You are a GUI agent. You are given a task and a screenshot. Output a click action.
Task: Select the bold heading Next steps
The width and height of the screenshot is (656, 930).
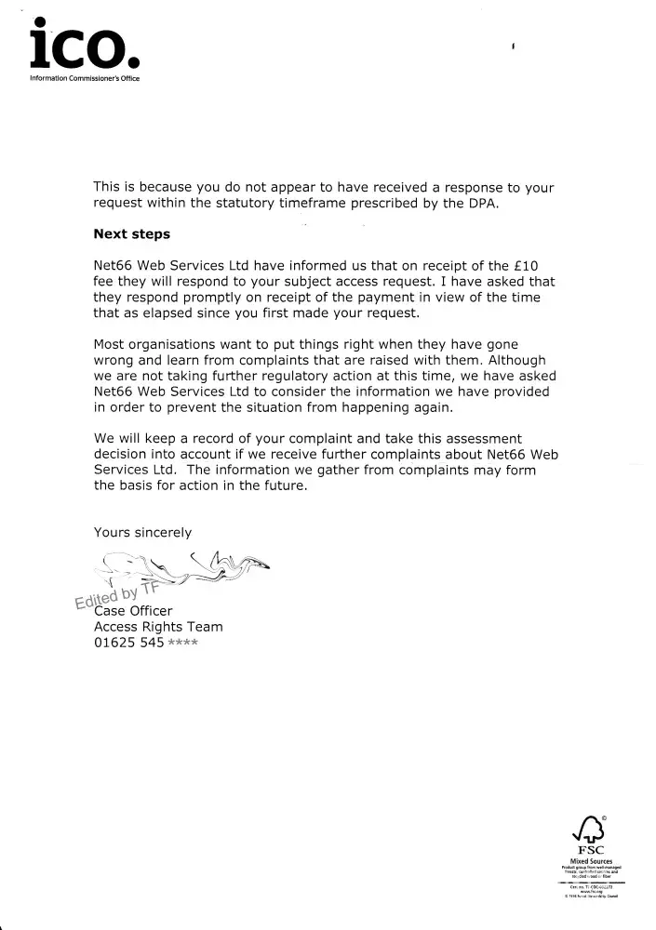pos(132,234)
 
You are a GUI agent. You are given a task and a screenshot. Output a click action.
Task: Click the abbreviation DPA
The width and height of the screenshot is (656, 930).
pos(483,204)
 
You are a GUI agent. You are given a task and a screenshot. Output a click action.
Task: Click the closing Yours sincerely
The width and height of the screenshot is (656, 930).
pos(142,532)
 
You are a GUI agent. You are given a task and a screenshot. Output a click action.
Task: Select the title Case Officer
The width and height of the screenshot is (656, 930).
pos(133,610)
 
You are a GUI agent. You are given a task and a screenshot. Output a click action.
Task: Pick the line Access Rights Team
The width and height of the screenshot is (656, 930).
pos(158,627)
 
